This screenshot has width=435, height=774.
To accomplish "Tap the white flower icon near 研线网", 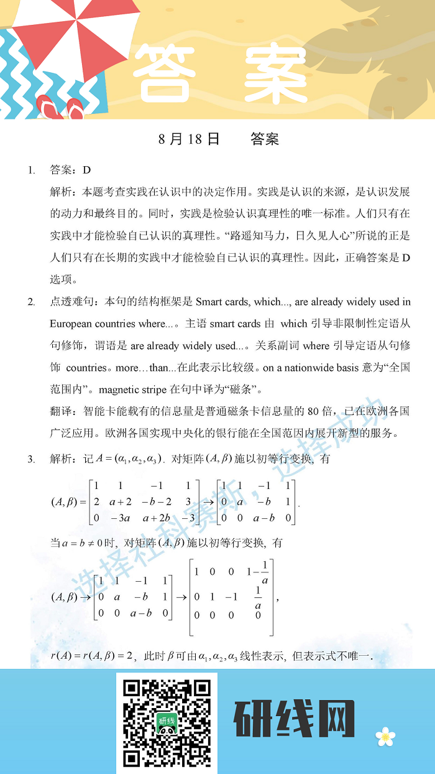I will tap(385, 737).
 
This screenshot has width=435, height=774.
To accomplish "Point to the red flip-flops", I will tap(60, 109).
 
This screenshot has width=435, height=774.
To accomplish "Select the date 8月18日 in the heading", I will tap(189, 139).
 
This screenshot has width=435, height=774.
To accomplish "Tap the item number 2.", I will tap(31, 302).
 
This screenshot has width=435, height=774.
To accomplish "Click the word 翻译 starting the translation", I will tap(61, 412).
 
